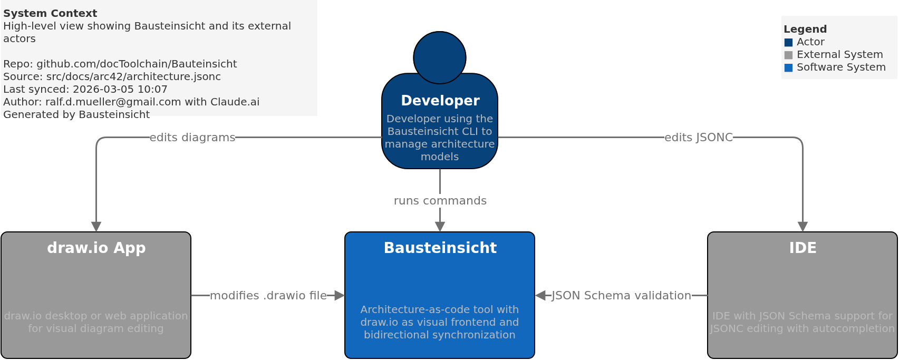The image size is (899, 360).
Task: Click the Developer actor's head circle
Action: click(x=439, y=57)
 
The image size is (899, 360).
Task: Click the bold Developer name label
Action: click(x=440, y=101)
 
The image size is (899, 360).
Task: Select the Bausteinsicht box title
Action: click(x=440, y=248)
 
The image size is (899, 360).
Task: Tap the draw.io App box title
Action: click(x=96, y=248)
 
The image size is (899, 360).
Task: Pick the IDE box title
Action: click(x=802, y=248)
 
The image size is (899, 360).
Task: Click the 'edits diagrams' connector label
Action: click(x=192, y=138)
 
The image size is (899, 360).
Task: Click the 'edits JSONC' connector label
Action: click(x=698, y=138)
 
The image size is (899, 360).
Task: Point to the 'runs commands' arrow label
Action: click(x=440, y=201)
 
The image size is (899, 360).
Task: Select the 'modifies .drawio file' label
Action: click(x=268, y=296)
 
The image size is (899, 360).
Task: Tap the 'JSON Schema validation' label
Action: click(x=621, y=296)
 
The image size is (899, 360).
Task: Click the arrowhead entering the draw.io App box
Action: click(x=96, y=227)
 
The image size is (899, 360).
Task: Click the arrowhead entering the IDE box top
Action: click(x=802, y=227)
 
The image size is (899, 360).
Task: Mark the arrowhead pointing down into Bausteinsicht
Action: click(x=440, y=227)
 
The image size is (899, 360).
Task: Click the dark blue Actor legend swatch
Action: click(x=788, y=42)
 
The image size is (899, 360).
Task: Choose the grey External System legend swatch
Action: click(x=788, y=55)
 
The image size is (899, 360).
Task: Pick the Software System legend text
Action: click(x=841, y=67)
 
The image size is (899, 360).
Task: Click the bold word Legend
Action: click(x=805, y=30)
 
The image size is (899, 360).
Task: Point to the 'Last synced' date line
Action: click(x=85, y=89)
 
